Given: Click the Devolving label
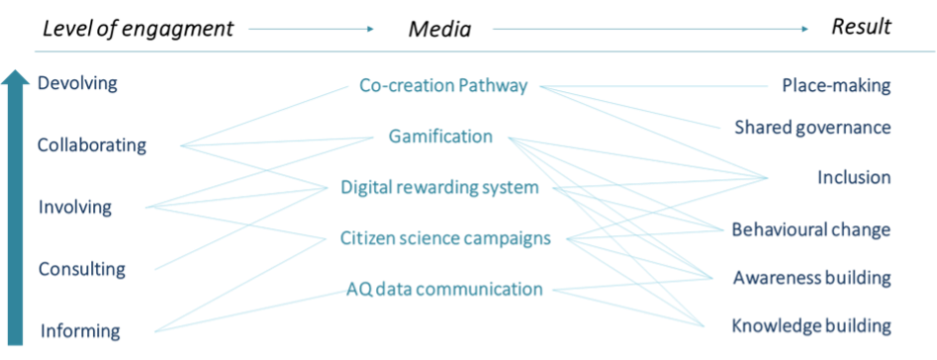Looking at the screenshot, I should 77,84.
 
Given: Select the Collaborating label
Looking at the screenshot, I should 92,145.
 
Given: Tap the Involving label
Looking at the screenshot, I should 75,208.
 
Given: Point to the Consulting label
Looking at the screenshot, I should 82,269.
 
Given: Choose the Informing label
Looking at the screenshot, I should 81,331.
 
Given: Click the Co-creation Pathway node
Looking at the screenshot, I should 444,87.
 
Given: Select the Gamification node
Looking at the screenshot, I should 440,136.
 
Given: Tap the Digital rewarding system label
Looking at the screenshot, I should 439,188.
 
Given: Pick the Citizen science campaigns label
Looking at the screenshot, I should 444,238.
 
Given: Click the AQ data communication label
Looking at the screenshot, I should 444,290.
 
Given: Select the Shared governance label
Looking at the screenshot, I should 812,128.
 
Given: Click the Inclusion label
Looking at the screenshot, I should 853,178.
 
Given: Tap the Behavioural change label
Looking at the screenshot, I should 810,229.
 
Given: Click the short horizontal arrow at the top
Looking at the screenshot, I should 311,29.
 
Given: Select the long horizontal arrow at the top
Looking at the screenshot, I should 649,29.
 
